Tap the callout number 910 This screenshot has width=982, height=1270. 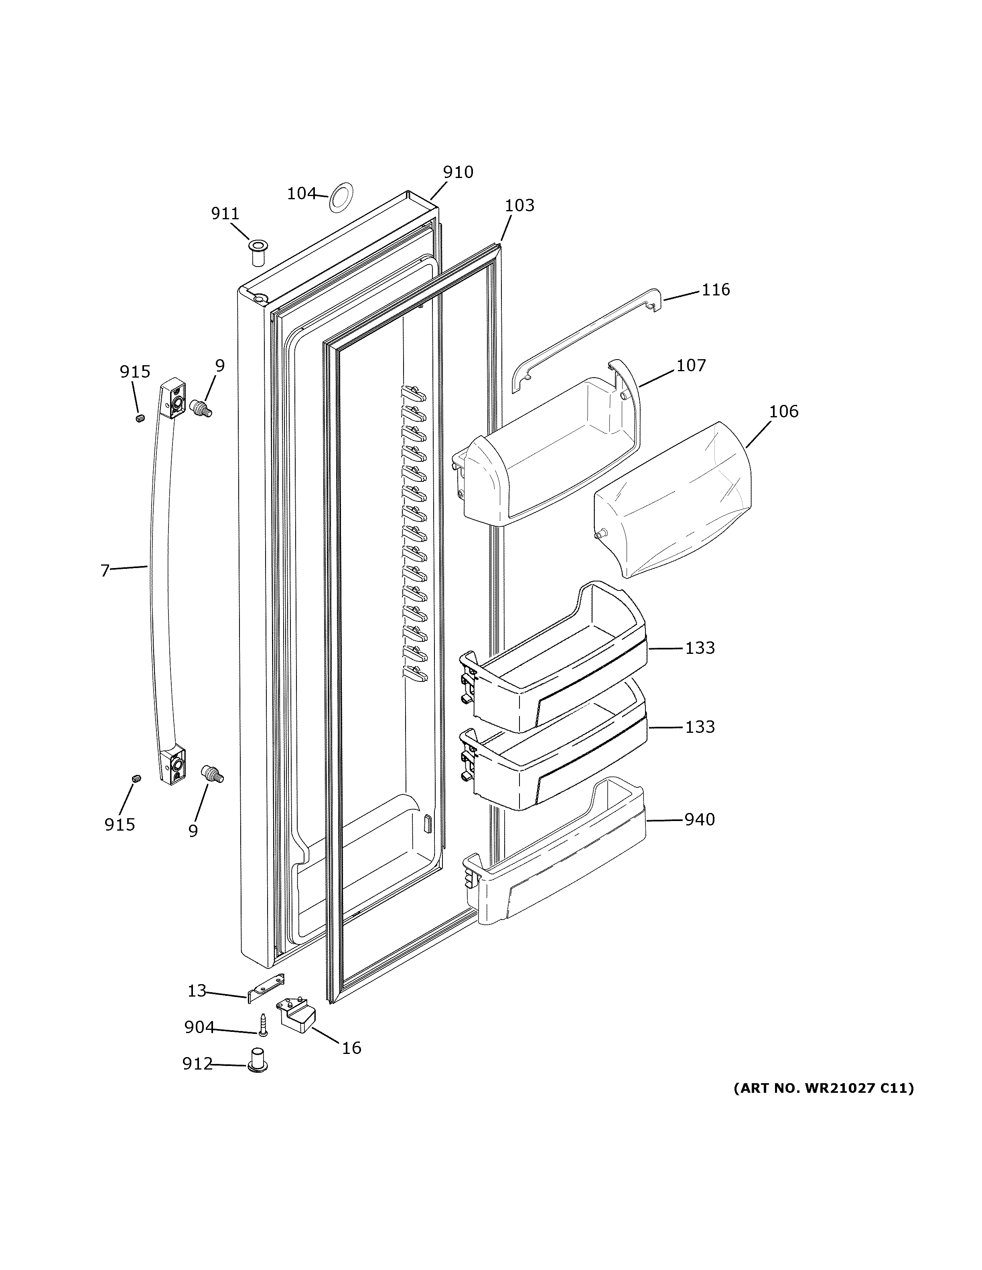click(x=458, y=172)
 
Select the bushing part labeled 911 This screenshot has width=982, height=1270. click(x=257, y=253)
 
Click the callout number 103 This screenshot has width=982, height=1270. click(x=519, y=205)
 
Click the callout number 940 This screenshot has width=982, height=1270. click(x=699, y=819)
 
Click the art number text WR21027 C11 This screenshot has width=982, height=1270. click(x=823, y=1088)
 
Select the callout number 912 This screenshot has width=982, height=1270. click(x=197, y=1064)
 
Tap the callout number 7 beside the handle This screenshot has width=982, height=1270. click(x=105, y=571)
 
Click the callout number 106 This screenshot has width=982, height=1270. click(x=783, y=411)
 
